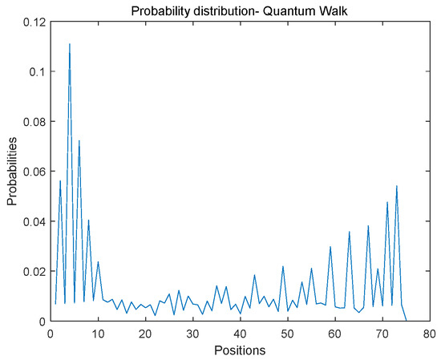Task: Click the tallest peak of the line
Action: point(70,44)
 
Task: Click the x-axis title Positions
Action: point(239,350)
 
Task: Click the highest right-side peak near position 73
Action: point(396,186)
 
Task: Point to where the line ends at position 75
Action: point(406,321)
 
